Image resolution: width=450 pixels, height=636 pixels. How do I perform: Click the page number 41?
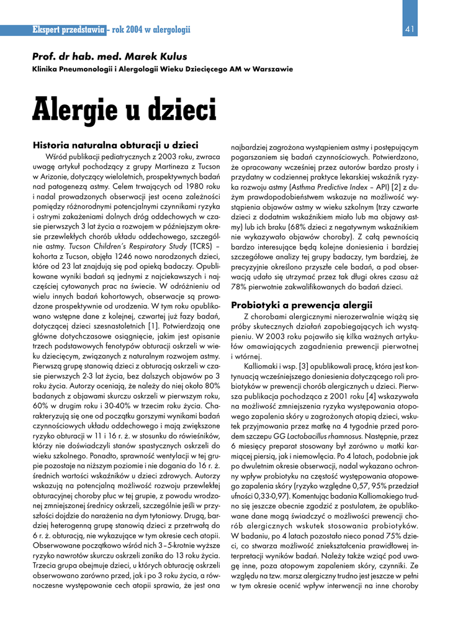coord(409,29)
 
